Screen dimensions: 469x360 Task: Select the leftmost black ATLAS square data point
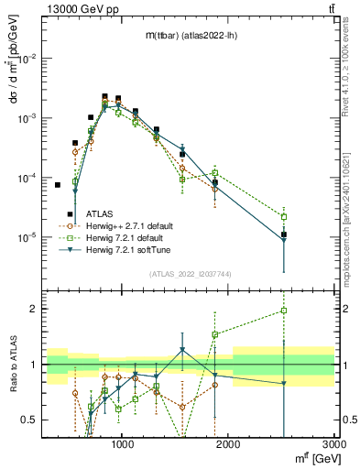pos(57,185)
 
